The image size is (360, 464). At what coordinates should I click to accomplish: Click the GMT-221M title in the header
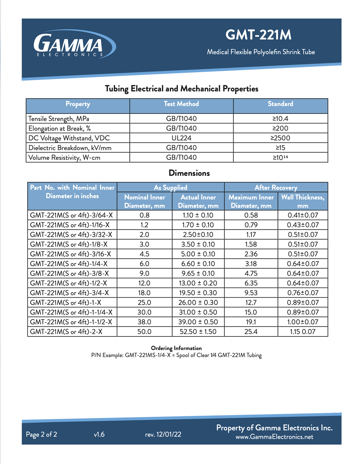tap(258, 35)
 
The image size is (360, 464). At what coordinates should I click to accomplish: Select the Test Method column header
tap(181, 104)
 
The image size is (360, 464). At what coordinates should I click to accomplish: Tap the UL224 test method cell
tap(181, 138)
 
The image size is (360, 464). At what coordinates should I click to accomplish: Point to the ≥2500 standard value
tap(280, 138)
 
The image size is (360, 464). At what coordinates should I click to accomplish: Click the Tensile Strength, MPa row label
tap(59, 119)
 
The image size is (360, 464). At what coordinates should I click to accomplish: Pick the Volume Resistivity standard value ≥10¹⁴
tap(280, 157)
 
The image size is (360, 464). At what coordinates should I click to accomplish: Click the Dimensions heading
tap(189, 173)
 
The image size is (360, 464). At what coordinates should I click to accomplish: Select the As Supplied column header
tap(170, 187)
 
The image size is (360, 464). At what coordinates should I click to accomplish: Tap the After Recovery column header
tap(276, 187)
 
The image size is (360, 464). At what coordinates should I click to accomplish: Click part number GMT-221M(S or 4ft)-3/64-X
tap(71, 215)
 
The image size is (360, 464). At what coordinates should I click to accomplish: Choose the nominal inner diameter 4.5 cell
tap(144, 254)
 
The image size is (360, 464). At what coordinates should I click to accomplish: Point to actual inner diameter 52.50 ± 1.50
tap(198, 331)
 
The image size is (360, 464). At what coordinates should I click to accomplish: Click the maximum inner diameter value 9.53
tap(251, 293)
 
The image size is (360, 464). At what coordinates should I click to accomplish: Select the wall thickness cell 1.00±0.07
tap(303, 322)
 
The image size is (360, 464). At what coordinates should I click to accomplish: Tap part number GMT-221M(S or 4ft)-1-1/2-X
tap(71, 322)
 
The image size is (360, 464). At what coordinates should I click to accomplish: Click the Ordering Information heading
tap(176, 348)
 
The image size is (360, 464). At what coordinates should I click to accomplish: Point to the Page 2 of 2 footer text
tap(41, 434)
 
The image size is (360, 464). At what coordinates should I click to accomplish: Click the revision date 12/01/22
tap(169, 434)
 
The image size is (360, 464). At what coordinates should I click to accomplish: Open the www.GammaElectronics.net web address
tap(274, 437)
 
